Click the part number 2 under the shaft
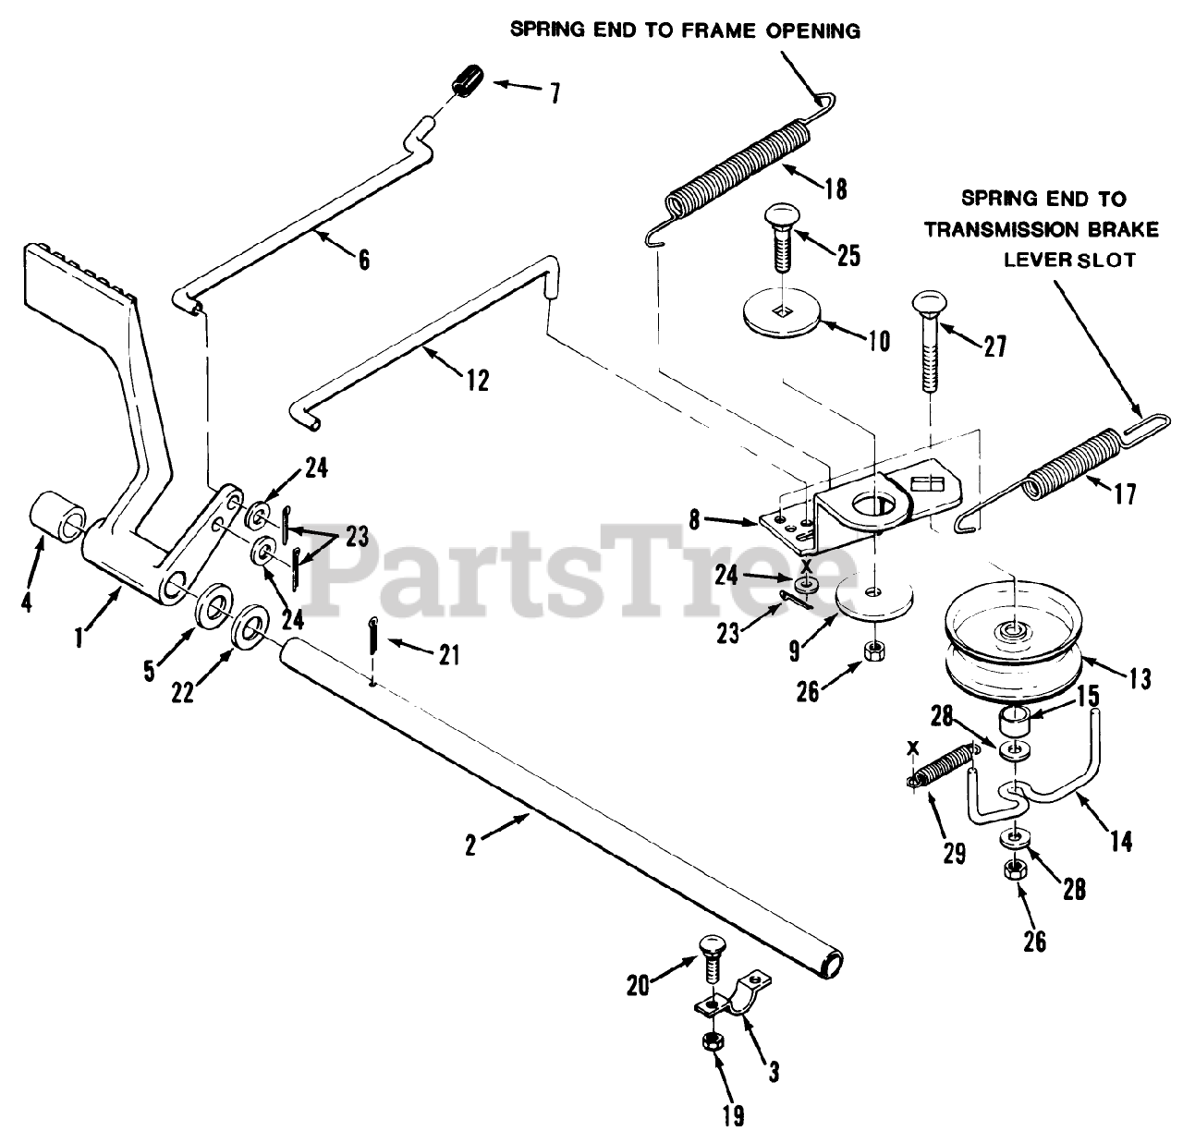point(471,845)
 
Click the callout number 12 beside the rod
point(478,380)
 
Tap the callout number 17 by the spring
point(1124,494)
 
